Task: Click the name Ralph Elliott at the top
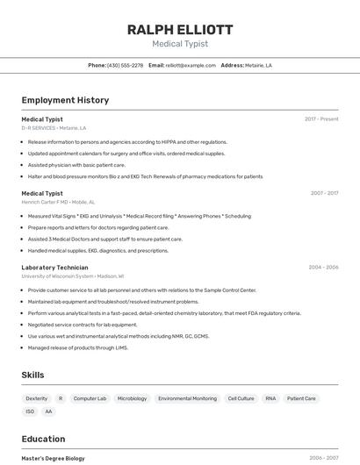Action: click(x=179, y=29)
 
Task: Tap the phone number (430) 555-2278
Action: click(x=125, y=65)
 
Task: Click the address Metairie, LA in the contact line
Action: click(x=258, y=65)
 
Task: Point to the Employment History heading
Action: click(x=65, y=100)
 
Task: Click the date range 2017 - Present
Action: click(x=321, y=118)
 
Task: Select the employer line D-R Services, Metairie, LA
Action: click(x=54, y=128)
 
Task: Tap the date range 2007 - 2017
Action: click(x=324, y=193)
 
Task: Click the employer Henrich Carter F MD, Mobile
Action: click(x=57, y=202)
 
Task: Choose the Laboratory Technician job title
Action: click(x=54, y=267)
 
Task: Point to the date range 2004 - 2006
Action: click(x=323, y=267)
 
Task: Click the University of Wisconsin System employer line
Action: click(x=72, y=275)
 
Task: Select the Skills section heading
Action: click(x=32, y=375)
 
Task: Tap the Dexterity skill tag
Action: click(x=37, y=398)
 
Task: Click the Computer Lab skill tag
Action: click(x=90, y=398)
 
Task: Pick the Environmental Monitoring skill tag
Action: click(x=187, y=398)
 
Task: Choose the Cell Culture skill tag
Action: click(x=241, y=398)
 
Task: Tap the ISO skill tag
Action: click(x=30, y=411)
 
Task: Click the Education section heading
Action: click(x=43, y=439)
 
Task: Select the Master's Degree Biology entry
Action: click(x=53, y=458)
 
